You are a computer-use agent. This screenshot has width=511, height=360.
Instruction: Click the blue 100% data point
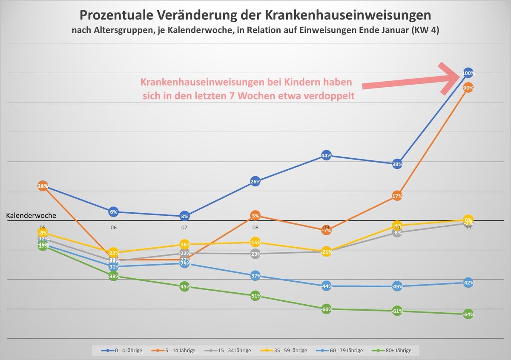coord(468,73)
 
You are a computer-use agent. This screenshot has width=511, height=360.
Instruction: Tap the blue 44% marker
coord(326,156)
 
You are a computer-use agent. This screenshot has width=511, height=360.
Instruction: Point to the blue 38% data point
coord(397,164)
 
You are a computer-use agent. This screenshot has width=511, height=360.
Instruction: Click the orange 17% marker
coord(397,196)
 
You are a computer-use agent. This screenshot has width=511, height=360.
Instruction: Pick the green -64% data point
coord(468,314)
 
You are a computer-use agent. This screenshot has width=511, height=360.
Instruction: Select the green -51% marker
coord(255,296)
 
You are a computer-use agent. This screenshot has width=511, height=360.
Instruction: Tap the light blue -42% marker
coord(468,283)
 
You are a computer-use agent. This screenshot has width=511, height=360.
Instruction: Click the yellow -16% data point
coord(184,245)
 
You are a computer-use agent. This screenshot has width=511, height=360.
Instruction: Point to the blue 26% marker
coord(255,182)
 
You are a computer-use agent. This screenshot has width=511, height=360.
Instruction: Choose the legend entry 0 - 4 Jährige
coord(122,350)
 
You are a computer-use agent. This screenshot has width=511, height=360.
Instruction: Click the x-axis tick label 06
coord(113,228)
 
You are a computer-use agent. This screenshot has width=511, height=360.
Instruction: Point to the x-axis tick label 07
coord(184,228)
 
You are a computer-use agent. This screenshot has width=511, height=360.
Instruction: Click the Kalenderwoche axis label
coord(31,215)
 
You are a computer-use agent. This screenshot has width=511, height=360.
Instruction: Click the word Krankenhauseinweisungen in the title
coord(348,15)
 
